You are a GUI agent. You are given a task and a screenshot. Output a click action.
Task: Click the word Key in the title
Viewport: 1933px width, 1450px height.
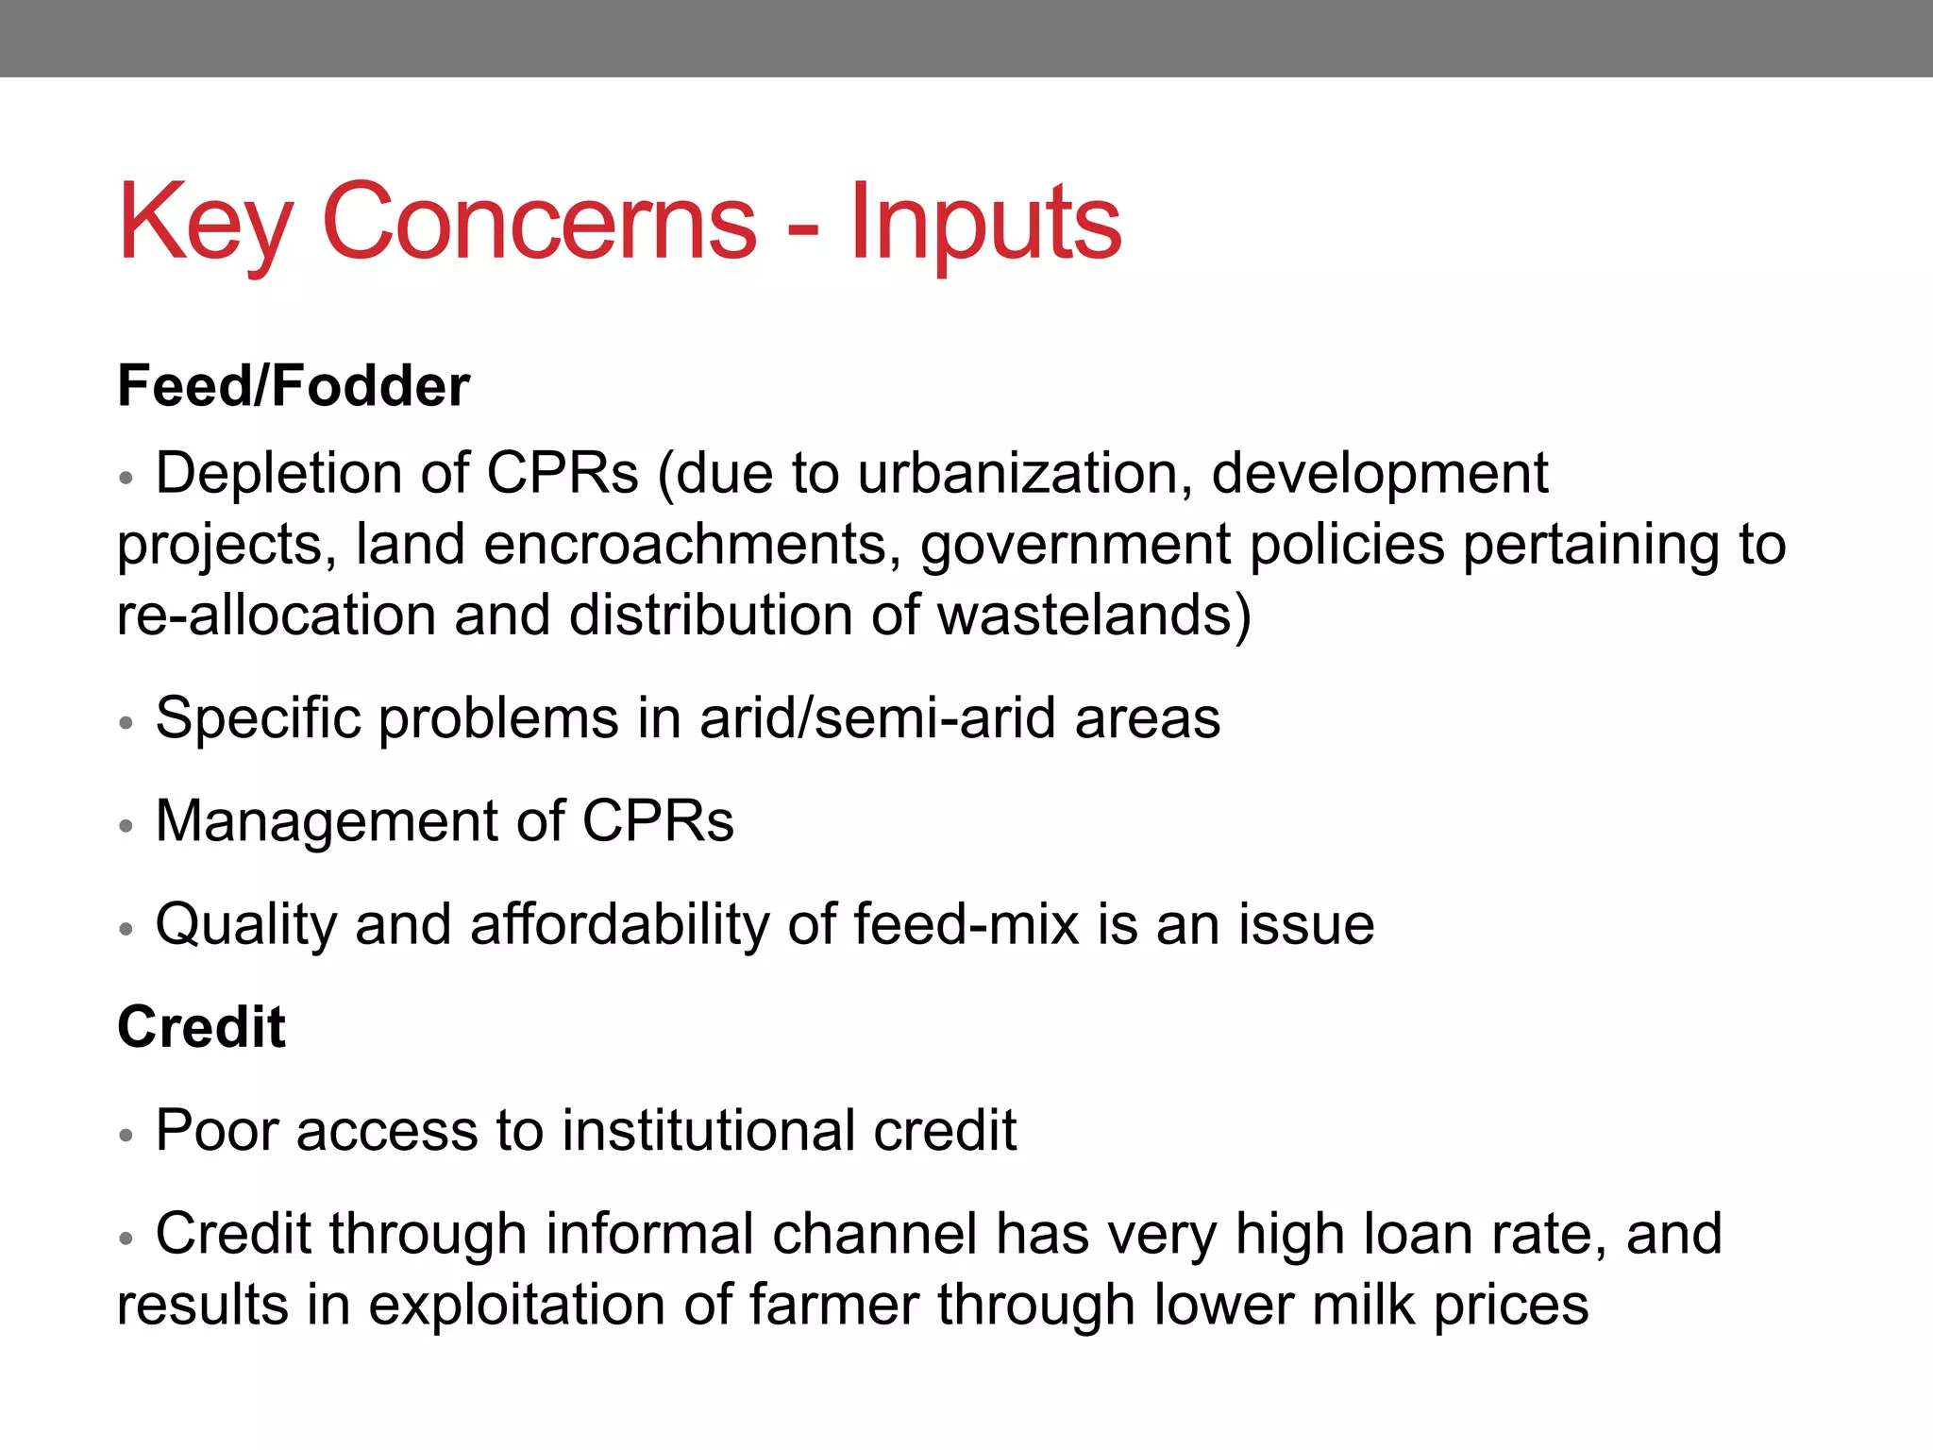coord(203,224)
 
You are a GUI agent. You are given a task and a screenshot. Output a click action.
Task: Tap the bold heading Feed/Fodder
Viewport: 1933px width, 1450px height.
coord(293,386)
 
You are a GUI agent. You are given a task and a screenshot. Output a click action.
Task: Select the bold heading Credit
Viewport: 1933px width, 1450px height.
coord(201,1027)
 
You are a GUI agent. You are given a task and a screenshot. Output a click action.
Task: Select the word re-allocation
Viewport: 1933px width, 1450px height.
coord(275,615)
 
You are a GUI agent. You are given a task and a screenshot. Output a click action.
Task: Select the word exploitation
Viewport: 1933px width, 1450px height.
coord(516,1306)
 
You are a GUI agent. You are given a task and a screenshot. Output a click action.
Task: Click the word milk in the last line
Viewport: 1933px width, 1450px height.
coord(1362,1306)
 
